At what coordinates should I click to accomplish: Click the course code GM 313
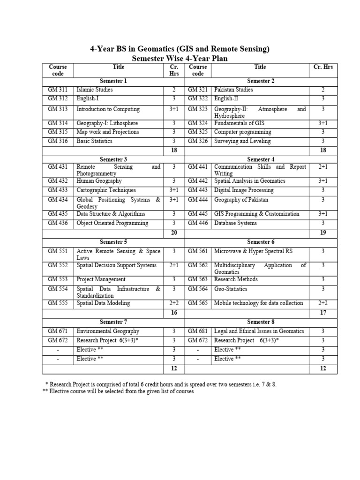[x=58, y=109]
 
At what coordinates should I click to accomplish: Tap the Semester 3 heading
[x=113, y=159]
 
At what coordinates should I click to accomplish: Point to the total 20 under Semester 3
[x=174, y=232]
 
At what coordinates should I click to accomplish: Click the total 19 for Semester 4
[x=322, y=232]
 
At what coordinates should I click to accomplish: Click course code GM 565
[x=198, y=303]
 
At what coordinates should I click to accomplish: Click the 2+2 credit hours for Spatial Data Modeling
[x=174, y=303]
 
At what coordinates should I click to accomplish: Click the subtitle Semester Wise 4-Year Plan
[x=180, y=58]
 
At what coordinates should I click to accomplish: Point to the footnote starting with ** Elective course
[x=118, y=391]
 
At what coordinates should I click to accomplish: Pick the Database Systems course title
[x=235, y=223]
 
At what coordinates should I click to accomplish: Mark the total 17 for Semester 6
[x=322, y=313]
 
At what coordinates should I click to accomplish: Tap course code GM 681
[x=198, y=331]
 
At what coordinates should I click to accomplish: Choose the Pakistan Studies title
[x=233, y=90]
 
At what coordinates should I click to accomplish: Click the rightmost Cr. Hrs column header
[x=322, y=67]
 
